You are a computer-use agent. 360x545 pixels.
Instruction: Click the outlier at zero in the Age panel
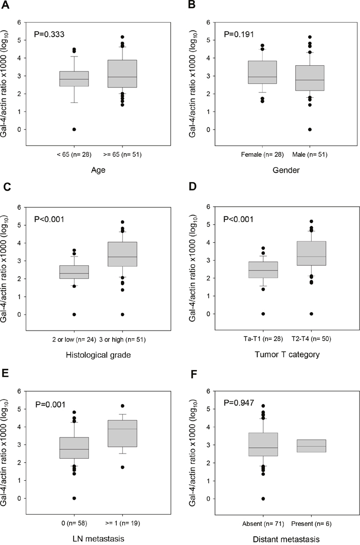pyautogui.click(x=74, y=129)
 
